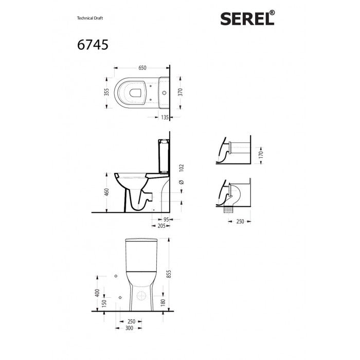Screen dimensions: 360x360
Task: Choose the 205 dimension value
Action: pos(163,225)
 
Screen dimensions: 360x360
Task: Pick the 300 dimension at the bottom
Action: pos(131,327)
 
